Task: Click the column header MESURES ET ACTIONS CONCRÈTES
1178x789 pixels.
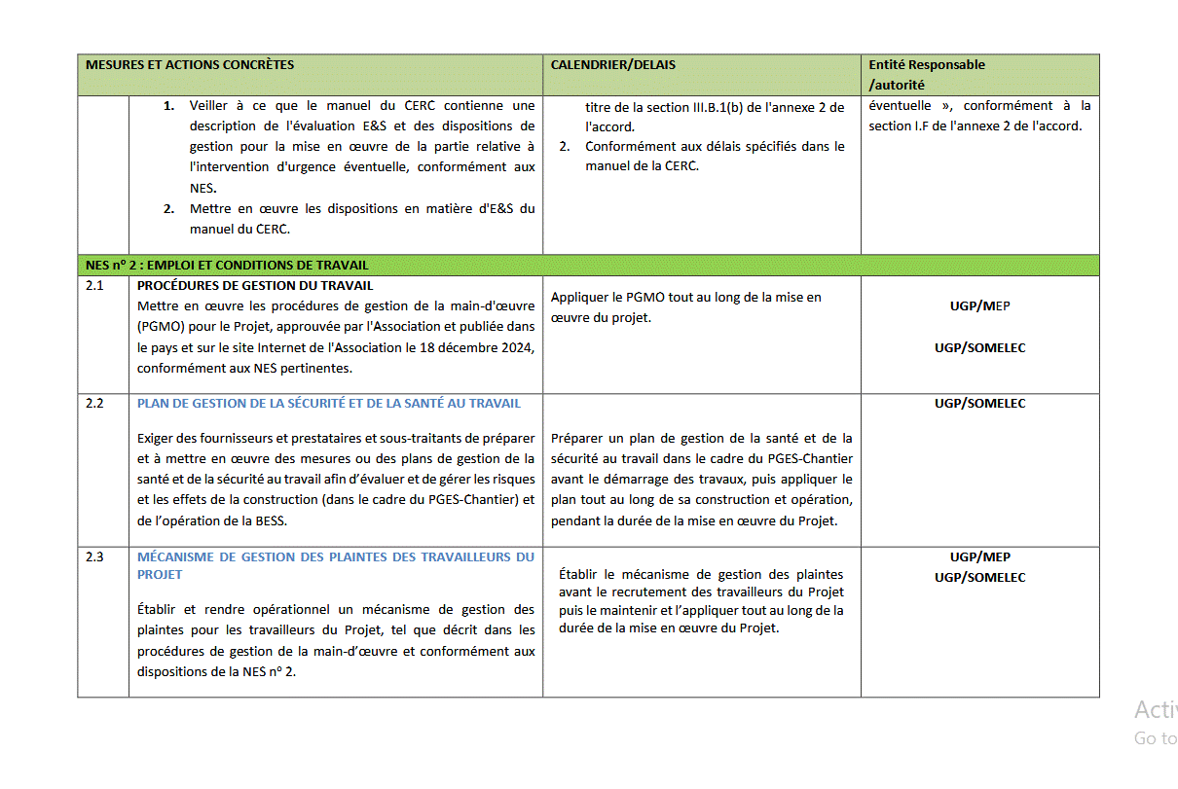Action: pos(190,65)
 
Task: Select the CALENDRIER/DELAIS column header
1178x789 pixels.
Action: pos(612,65)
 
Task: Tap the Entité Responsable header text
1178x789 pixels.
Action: pos(927,65)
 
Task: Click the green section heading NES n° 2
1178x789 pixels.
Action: pos(227,265)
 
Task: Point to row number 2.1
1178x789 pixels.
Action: pos(93,286)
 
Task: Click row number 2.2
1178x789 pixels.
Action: pos(93,403)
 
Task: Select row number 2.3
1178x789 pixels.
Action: pos(93,557)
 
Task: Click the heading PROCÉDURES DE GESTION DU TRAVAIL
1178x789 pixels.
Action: pos(255,286)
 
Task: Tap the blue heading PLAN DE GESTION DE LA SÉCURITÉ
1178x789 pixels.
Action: pos(329,403)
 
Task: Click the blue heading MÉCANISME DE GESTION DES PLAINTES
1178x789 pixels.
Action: pos(335,557)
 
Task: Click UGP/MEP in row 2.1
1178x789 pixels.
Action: pos(979,306)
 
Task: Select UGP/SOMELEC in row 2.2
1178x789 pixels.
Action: pos(979,403)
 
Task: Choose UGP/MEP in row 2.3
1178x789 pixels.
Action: pos(979,557)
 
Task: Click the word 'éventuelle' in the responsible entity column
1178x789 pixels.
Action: pos(901,105)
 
